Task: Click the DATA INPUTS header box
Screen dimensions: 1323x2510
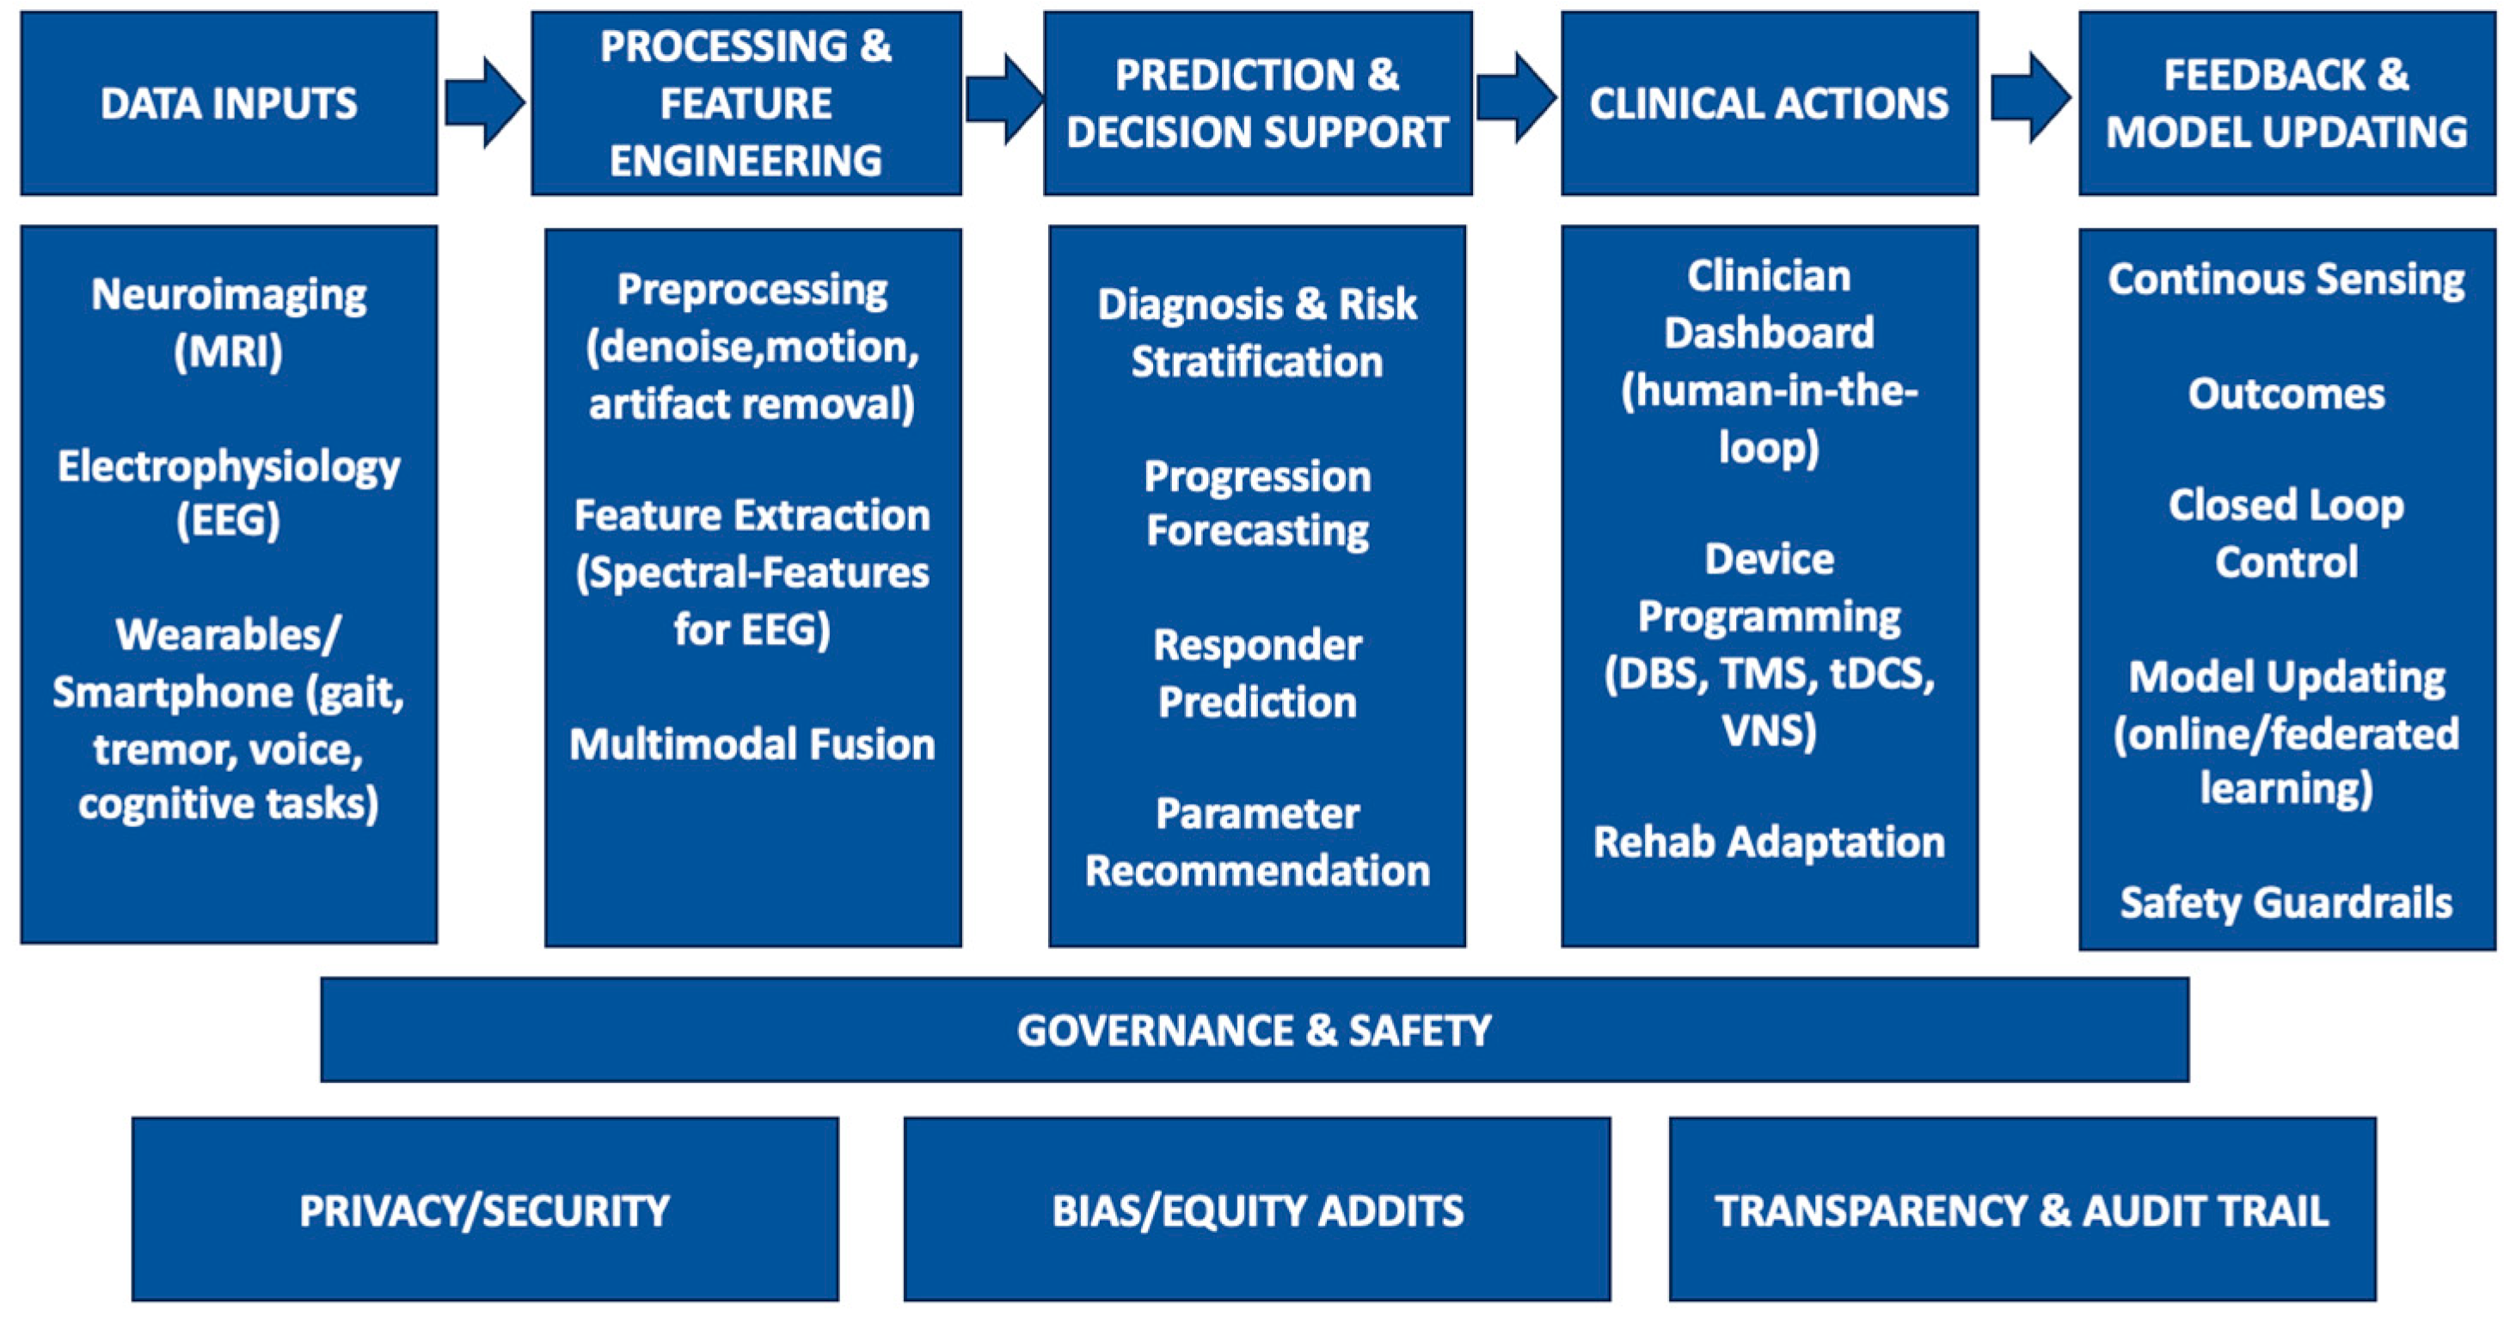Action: (229, 103)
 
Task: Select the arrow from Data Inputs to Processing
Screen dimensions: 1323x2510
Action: (484, 103)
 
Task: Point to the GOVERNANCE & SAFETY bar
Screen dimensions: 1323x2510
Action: (1254, 1030)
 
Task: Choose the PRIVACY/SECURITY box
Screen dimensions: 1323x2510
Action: (484, 1209)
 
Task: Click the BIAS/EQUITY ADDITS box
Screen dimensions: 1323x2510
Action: (1257, 1209)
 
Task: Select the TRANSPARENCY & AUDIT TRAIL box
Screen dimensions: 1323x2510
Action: (2022, 1209)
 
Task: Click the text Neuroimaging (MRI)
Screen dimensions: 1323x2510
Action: (229, 322)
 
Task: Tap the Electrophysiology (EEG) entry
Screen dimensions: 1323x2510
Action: (229, 493)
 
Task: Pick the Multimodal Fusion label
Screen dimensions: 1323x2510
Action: (752, 744)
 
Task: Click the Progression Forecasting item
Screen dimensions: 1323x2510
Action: (1257, 503)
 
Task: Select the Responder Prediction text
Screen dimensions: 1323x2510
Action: (1257, 673)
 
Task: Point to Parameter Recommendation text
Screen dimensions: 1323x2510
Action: (1257, 842)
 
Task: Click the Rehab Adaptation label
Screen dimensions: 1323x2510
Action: (1769, 842)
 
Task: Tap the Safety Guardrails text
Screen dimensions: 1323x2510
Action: (2286, 902)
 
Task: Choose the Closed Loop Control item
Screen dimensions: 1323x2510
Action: (2286, 533)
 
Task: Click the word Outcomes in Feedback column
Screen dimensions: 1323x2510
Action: (2286, 394)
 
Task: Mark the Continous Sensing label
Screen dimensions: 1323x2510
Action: (2286, 279)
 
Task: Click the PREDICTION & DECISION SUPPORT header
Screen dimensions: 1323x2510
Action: (1257, 103)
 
